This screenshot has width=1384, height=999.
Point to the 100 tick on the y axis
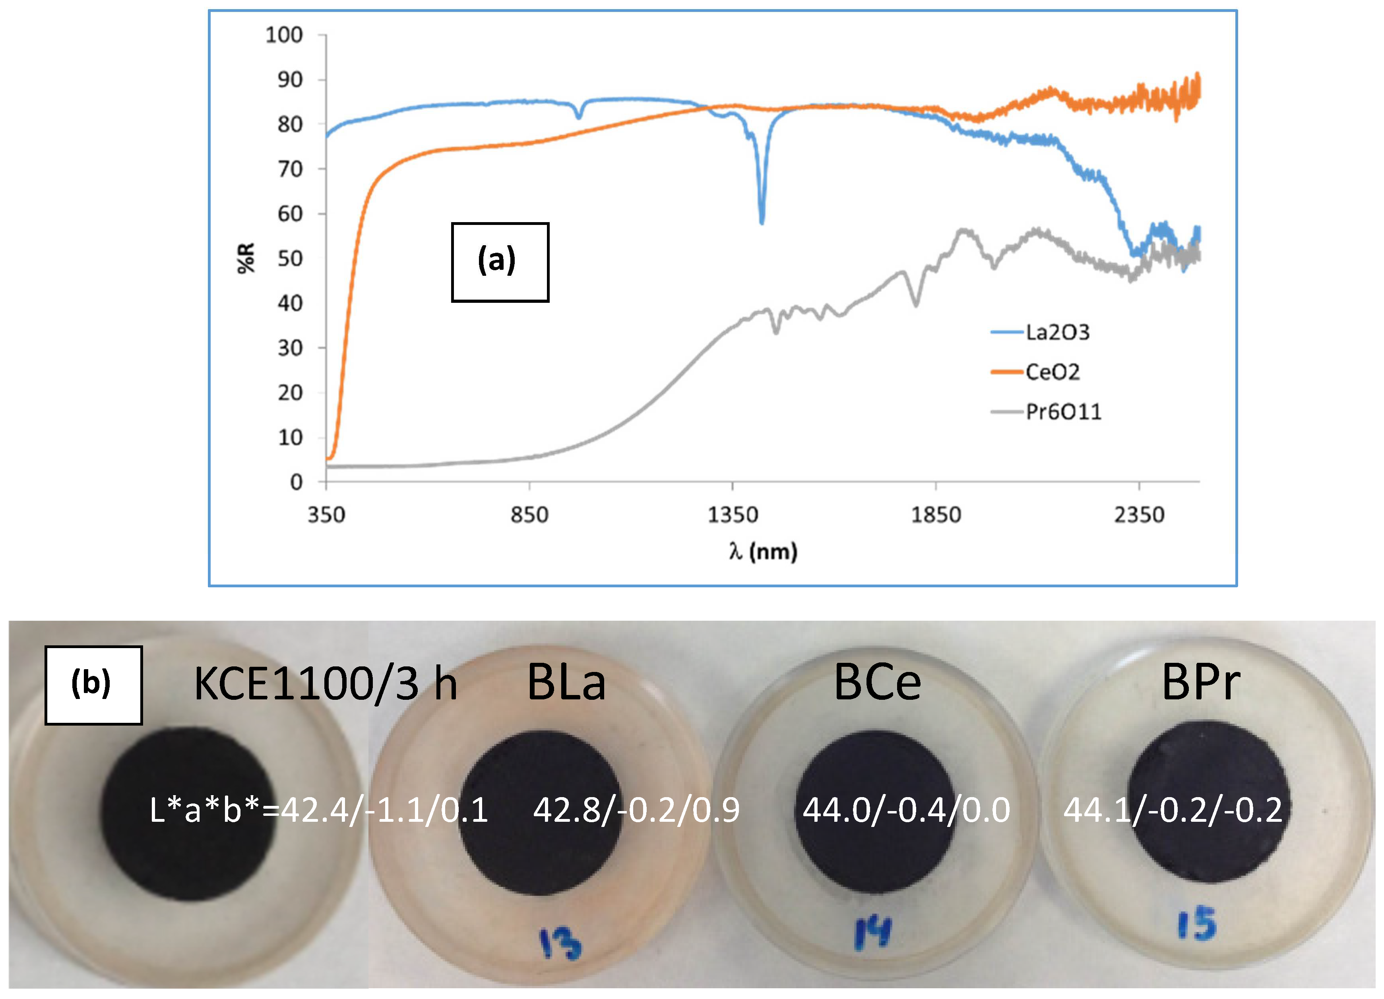pos(284,35)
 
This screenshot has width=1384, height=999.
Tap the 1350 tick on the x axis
pos(732,515)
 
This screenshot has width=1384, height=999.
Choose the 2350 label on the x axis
pos(1139,515)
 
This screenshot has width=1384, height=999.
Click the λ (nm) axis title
pos(762,551)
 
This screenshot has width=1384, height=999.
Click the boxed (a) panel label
pos(499,262)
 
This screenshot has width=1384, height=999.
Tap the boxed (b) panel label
pos(93,685)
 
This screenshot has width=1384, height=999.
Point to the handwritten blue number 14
pos(872,933)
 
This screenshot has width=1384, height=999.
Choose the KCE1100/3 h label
pos(325,683)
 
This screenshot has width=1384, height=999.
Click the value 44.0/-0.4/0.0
pos(906,810)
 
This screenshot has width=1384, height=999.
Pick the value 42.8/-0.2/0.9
pos(636,810)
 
